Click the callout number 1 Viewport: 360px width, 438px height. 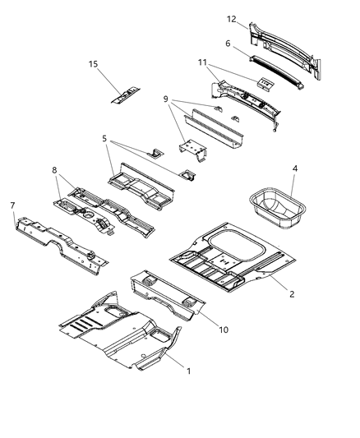190,371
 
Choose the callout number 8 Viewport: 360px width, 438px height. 55,172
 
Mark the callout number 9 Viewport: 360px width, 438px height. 166,100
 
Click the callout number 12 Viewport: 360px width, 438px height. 232,18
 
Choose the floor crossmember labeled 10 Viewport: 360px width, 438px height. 168,294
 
